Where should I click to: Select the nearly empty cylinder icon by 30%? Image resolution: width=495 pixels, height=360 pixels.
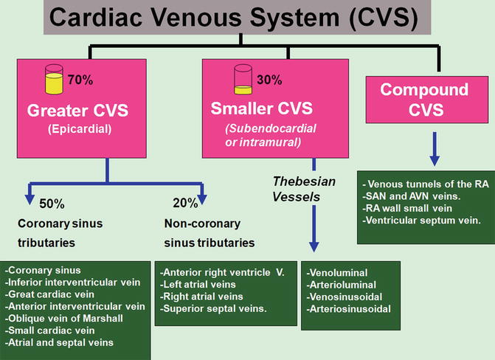244,77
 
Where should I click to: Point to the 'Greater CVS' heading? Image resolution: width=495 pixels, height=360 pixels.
77,111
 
